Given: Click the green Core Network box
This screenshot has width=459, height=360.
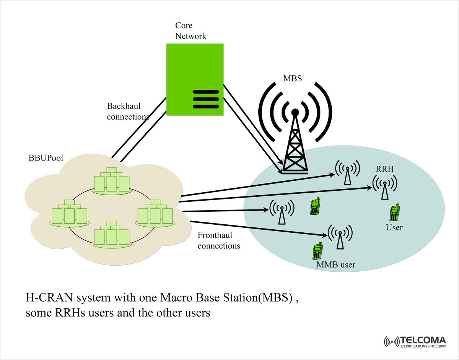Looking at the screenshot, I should (195, 69).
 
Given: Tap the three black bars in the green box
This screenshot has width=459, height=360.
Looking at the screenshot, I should (205, 99).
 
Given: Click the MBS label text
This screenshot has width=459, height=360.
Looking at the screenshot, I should (293, 79).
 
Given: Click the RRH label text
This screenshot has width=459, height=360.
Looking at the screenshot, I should (385, 169).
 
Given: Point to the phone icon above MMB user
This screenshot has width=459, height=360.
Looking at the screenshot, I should (317, 251).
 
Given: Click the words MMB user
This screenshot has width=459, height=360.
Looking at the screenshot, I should (336, 264).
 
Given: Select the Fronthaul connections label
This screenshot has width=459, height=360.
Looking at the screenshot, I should (219, 240).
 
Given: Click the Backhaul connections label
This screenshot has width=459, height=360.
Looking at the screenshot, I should (128, 111).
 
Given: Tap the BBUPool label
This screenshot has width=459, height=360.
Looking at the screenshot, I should (46, 158).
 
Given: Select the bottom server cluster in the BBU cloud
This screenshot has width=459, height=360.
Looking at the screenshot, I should (112, 234).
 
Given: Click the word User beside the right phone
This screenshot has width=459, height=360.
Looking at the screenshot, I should (394, 227).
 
